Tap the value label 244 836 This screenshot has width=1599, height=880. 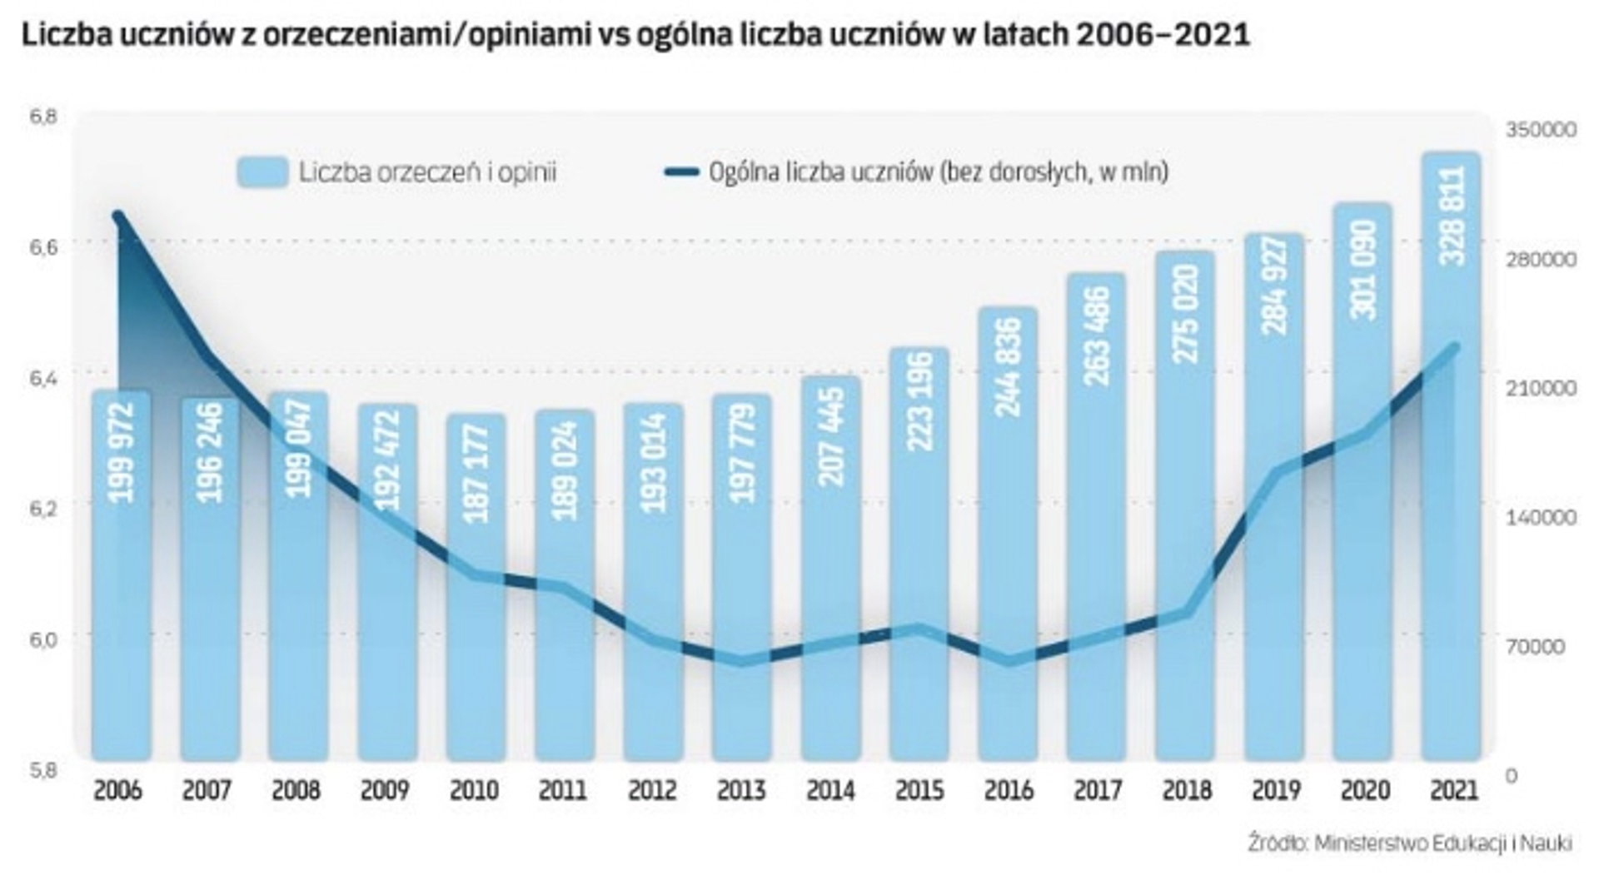1009,366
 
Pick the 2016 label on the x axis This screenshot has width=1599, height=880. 1009,789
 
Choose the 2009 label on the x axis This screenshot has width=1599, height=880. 385,789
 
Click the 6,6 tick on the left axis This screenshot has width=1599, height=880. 42,247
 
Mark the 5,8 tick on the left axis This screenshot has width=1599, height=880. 42,770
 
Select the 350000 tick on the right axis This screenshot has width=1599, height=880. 1541,130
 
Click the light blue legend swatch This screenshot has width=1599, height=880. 262,172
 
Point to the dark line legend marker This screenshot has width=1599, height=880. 681,172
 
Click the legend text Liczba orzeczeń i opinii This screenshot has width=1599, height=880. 427,172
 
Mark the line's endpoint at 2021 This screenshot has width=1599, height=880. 1455,346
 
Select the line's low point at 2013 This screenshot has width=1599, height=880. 742,661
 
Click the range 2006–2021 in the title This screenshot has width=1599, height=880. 1163,35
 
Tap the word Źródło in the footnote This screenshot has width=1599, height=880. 1276,843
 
